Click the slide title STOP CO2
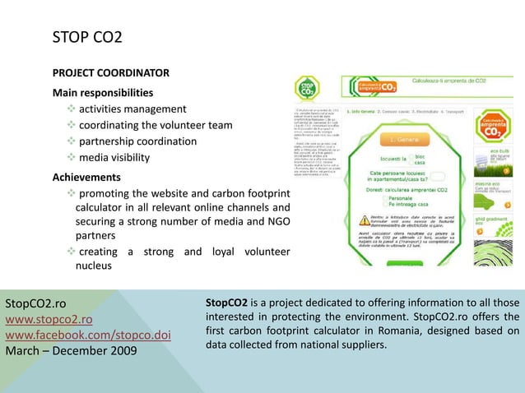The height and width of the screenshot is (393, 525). (87, 37)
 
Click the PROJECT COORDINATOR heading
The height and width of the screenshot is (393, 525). (111, 72)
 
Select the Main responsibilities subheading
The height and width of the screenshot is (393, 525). (103, 92)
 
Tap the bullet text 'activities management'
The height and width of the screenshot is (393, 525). (132, 109)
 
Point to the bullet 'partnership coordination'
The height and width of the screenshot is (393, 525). (137, 141)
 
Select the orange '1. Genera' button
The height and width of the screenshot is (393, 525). (404, 139)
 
